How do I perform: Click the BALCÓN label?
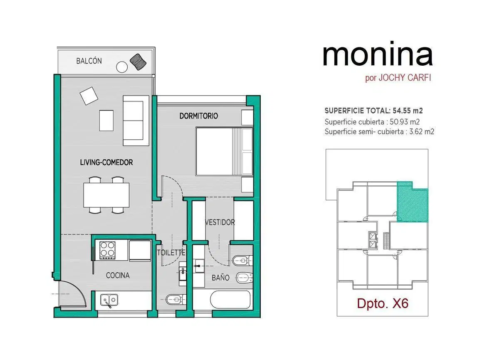tap(89, 61)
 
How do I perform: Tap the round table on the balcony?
tap(122, 67)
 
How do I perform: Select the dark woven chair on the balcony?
tap(138, 62)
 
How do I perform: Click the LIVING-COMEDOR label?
tap(106, 162)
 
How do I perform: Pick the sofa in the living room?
tap(136, 121)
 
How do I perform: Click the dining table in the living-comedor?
tap(106, 195)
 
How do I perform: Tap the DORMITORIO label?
tap(198, 116)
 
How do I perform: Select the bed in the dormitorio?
tap(224, 151)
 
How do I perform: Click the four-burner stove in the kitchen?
tap(107, 250)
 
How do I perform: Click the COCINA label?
tap(118, 275)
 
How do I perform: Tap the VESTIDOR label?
tap(220, 222)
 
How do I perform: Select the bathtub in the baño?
tap(230, 299)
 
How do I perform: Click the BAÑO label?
tap(220, 278)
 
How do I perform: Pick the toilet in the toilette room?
tap(176, 300)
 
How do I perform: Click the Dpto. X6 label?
tap(383, 303)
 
